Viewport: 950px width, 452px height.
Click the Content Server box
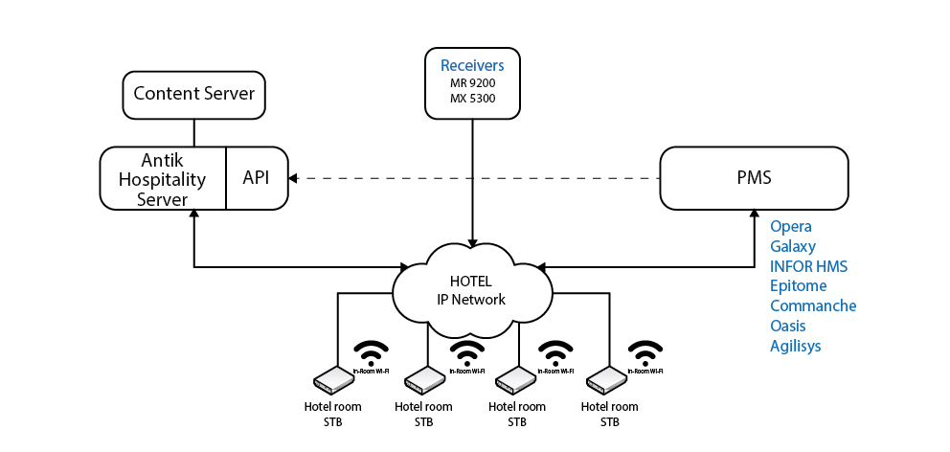pyautogui.click(x=193, y=94)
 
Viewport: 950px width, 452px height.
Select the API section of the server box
pyautogui.click(x=257, y=178)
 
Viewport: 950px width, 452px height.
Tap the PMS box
pyautogui.click(x=754, y=178)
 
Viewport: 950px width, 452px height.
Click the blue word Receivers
pyautogui.click(x=472, y=66)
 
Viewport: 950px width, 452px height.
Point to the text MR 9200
pyautogui.click(x=472, y=83)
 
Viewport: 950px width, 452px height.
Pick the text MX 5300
pyautogui.click(x=472, y=98)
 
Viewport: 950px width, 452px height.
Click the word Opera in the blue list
pyautogui.click(x=791, y=227)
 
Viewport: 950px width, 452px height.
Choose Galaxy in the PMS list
pyautogui.click(x=793, y=247)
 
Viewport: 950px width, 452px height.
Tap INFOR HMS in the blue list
pyautogui.click(x=809, y=266)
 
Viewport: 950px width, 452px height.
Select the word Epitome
pyautogui.click(x=798, y=286)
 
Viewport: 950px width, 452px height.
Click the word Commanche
pyautogui.click(x=813, y=306)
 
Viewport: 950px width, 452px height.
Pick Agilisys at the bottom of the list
pyautogui.click(x=796, y=347)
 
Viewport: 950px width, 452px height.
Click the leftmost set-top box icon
pyautogui.click(x=332, y=380)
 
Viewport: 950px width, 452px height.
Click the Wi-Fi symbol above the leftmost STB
pyautogui.click(x=372, y=350)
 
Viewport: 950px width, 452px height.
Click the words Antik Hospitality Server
pyautogui.click(x=161, y=178)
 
